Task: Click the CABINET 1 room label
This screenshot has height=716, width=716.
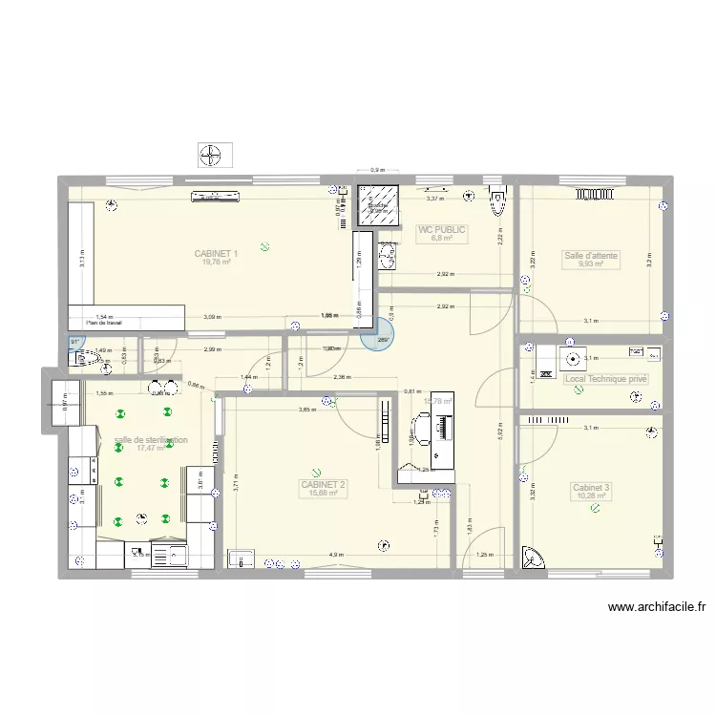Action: [216, 254]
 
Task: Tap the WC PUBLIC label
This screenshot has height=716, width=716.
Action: [441, 230]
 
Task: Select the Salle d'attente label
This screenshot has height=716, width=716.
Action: [591, 256]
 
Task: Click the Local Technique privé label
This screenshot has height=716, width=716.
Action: [605, 379]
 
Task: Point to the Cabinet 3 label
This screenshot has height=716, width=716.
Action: [591, 488]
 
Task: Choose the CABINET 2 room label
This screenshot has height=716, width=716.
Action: [324, 485]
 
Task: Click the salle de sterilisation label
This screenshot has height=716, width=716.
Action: [150, 440]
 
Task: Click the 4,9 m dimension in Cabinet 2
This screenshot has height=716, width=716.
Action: [336, 555]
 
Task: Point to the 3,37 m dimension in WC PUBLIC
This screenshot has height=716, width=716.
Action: [434, 199]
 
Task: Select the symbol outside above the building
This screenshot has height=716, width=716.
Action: [214, 154]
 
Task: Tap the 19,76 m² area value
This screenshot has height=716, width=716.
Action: [216, 263]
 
